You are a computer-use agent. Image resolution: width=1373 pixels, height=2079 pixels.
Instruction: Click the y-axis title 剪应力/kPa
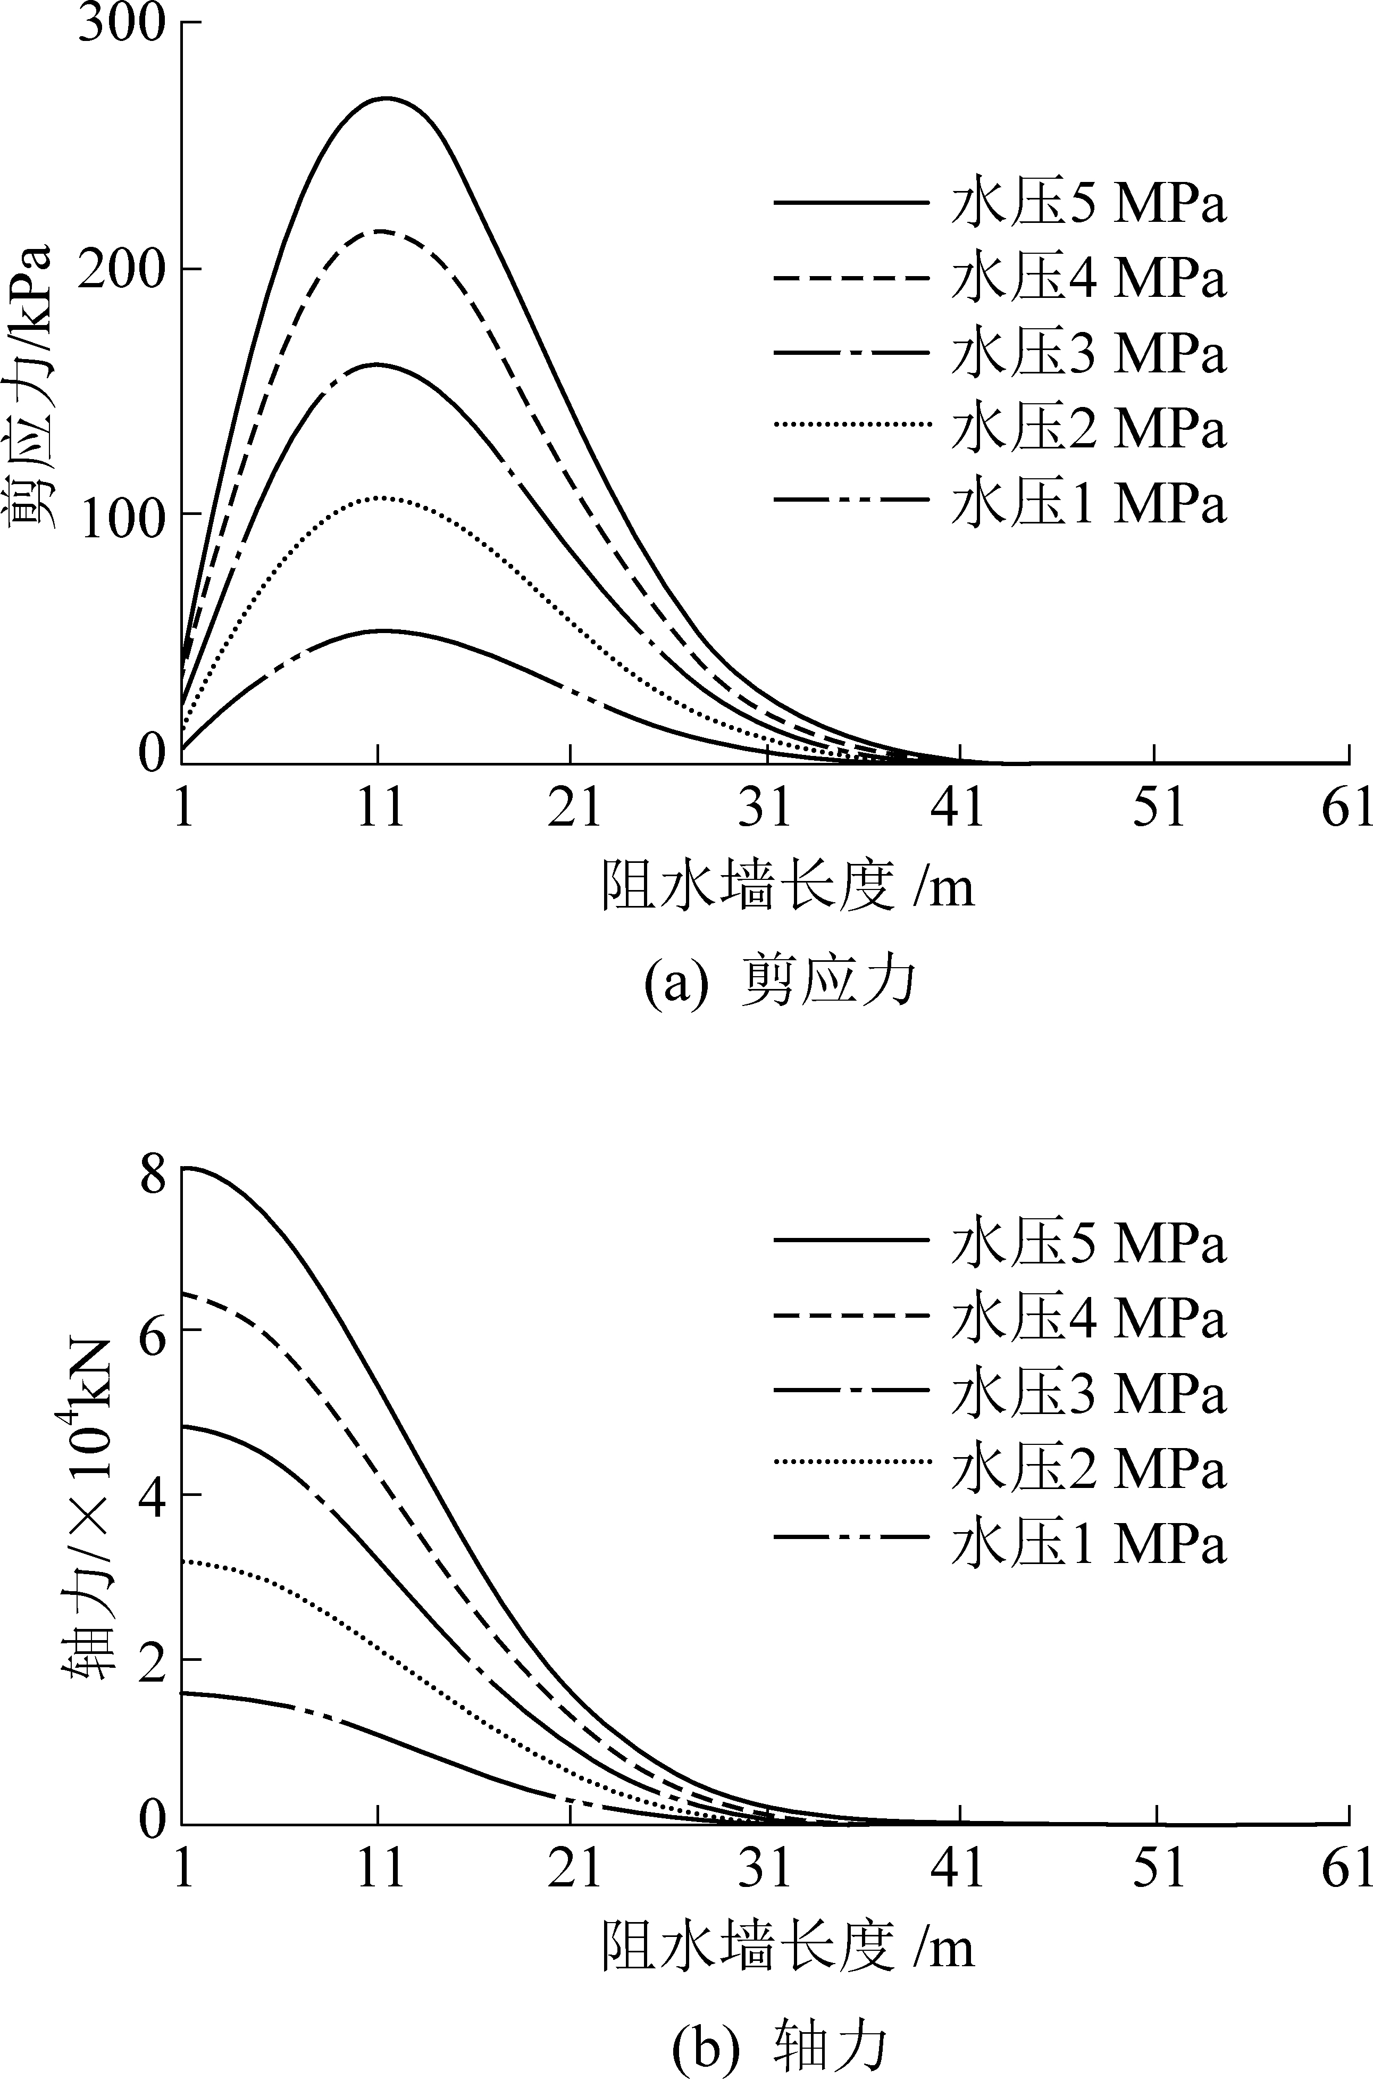tap(31, 385)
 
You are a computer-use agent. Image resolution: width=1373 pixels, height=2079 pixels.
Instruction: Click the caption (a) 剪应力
tap(780, 983)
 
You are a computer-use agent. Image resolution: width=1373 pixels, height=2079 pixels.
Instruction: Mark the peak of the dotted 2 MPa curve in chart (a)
tap(381, 497)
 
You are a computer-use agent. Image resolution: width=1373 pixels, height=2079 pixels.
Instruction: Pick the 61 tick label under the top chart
tap(1347, 808)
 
